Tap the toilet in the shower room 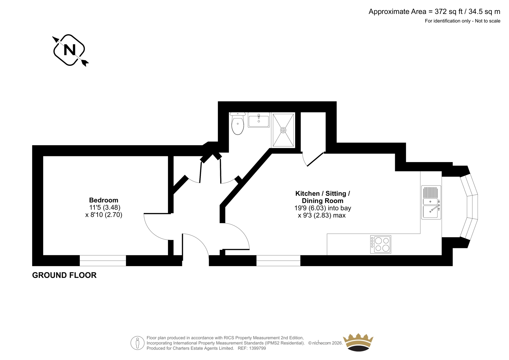[x=237, y=123]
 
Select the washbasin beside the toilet [x=259, y=120]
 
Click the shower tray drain [x=283, y=130]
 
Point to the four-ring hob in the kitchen [x=380, y=244]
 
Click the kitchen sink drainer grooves [x=430, y=192]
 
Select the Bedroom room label [x=104, y=200]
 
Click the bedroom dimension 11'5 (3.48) [x=105, y=208]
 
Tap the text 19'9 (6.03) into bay [x=323, y=208]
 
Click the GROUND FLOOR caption [x=64, y=275]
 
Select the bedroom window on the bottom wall [x=103, y=260]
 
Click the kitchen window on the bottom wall [x=278, y=260]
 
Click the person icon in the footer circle [x=137, y=343]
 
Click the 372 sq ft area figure [x=449, y=11]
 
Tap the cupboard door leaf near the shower [x=315, y=159]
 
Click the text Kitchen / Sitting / [x=323, y=194]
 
